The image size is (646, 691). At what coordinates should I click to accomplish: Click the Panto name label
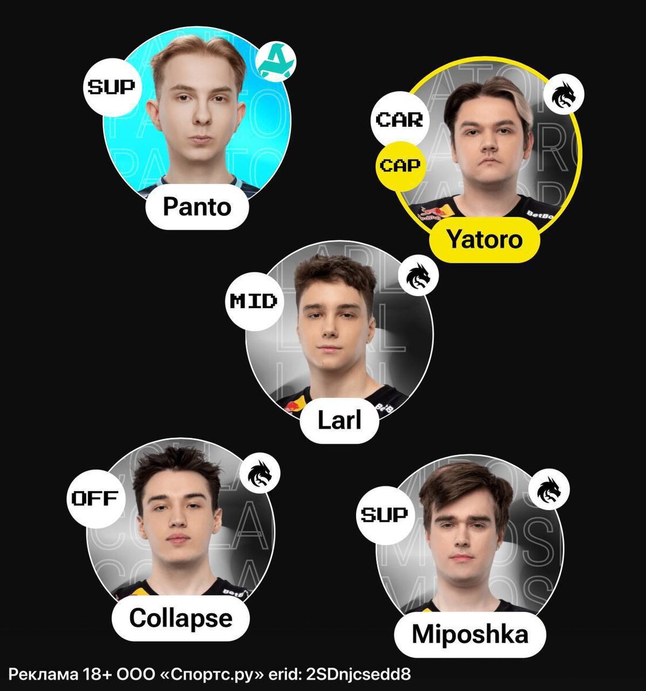pos(197,207)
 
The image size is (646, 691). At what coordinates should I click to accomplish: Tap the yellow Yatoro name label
pos(484,239)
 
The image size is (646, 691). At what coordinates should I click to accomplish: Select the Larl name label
pos(339,420)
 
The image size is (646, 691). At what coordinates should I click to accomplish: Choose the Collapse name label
pos(181,618)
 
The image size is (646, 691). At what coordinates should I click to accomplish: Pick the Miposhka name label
pos(470,634)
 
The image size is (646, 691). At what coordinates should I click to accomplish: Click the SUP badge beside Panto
pos(111,88)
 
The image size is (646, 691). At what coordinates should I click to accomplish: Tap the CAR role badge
pos(399,120)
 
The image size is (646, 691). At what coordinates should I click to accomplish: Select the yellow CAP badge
pos(400,165)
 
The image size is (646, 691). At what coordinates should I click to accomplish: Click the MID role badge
pos(253,301)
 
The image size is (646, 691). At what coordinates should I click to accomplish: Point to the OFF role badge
pos(94,498)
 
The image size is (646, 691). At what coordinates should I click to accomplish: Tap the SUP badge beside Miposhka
pos(384,514)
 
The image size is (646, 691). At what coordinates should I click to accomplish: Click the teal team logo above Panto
pos(276,62)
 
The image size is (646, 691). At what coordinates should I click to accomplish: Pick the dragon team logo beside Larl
pos(418,275)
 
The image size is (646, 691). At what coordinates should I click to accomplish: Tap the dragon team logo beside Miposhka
pos(548,490)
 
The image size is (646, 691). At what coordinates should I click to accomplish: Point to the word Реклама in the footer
pos(42,674)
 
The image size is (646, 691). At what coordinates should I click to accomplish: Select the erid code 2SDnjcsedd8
pos(359,674)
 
